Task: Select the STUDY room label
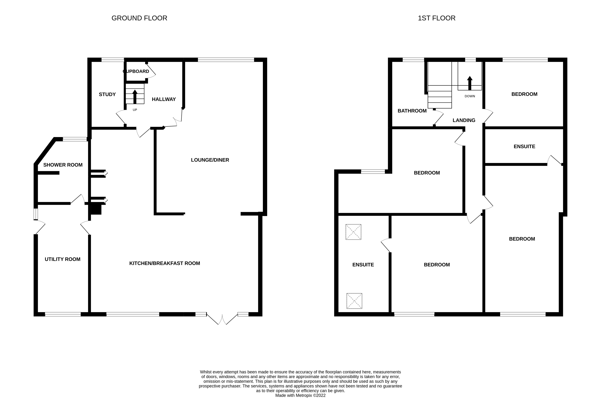[x=107, y=94]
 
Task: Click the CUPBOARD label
[x=136, y=71]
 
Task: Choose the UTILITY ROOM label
[x=62, y=259]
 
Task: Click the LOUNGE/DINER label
[x=210, y=160]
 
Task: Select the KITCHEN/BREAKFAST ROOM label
[x=165, y=263]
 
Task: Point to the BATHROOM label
[x=412, y=111]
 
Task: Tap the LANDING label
[x=464, y=120]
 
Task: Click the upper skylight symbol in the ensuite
[x=353, y=232]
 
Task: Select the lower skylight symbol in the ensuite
[x=354, y=301]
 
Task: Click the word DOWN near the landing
[x=470, y=96]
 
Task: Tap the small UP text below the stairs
[x=135, y=110]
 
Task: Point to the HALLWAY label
[x=164, y=99]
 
